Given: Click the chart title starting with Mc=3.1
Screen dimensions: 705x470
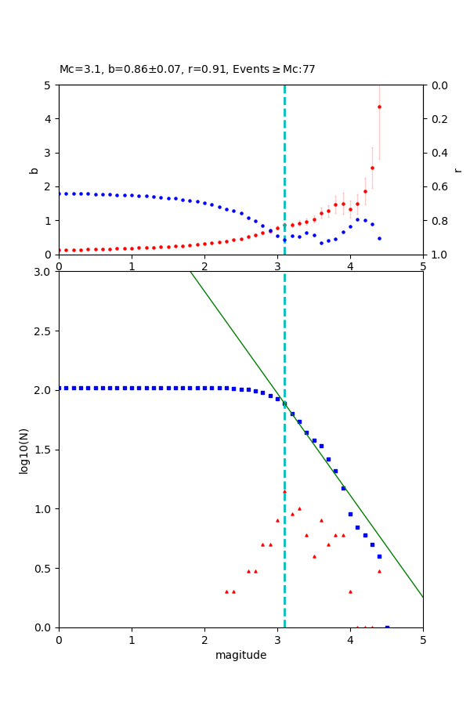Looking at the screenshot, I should click(187, 70).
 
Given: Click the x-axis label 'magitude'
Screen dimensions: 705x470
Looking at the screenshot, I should click(240, 655).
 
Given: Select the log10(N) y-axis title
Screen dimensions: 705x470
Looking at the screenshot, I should click(23, 450).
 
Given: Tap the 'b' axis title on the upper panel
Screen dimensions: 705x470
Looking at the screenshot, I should click(34, 170).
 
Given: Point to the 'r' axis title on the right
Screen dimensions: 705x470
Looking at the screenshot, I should click(457, 170).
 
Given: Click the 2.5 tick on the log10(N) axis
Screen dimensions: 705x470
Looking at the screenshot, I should click(44, 331).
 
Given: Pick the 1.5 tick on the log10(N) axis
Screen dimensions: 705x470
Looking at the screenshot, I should click(44, 450).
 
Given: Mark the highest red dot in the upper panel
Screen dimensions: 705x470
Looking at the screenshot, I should click(379, 107).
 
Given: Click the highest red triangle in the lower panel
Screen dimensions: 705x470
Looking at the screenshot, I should click(284, 491).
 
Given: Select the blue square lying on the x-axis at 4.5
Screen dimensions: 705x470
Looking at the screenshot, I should click(387, 627).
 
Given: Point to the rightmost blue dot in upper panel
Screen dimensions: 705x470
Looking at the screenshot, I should click(379, 238).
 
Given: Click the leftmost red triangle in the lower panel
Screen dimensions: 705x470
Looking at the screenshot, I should click(226, 591).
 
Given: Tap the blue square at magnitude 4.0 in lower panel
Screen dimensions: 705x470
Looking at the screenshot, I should click(350, 514).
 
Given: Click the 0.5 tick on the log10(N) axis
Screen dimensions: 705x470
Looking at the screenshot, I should click(44, 569).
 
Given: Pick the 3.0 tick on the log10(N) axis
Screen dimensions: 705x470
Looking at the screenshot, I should click(44, 272).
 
